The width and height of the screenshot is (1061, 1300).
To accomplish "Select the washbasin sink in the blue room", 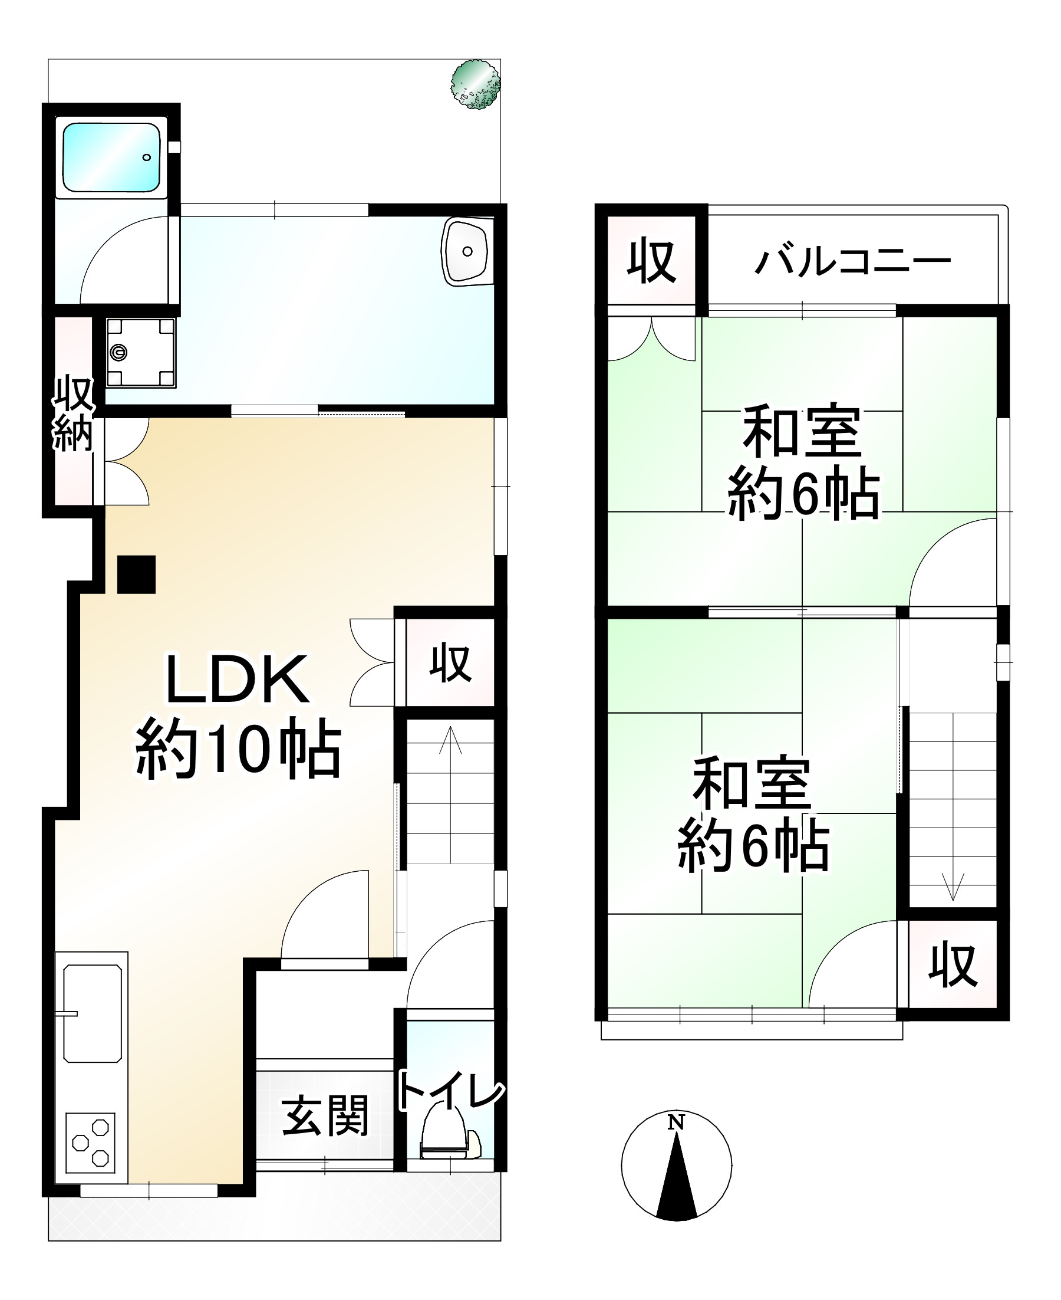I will click(x=466, y=251).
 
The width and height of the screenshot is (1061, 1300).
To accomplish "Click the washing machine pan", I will click(x=140, y=352).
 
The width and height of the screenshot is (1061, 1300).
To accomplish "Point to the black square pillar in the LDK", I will click(x=136, y=574).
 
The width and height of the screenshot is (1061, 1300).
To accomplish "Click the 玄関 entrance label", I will click(x=325, y=1117).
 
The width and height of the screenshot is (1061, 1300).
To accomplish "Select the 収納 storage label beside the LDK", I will click(x=73, y=415).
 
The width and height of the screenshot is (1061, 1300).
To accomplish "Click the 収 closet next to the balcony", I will click(x=652, y=261).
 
